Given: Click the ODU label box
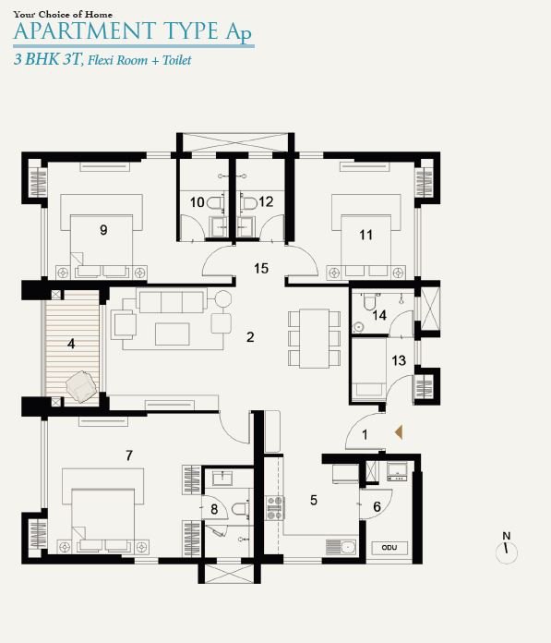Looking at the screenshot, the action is coord(389,548).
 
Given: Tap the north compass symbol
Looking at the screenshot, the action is coord(507,548).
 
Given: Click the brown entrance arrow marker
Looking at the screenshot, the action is coord(398,432).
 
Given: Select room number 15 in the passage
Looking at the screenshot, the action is coord(261,269).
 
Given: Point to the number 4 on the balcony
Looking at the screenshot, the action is coord(71,344).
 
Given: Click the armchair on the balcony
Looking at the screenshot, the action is coord(81,387).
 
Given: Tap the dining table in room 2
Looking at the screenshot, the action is coord(314,338).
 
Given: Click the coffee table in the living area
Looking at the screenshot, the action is coord(173,334).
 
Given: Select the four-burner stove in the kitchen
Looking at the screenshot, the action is coord(275,508).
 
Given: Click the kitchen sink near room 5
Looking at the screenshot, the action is coord(347,547).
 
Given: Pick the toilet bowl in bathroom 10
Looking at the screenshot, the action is coord(215,202).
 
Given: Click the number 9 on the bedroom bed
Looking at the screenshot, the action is coord(103,230).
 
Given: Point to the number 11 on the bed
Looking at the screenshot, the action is coord(365,235).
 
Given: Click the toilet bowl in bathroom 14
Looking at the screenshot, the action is coord(368,302).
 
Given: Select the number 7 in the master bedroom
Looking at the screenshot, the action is coord(129,455).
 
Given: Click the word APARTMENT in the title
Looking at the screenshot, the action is coord(85,31).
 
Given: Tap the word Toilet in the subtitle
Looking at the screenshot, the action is coord(177,60).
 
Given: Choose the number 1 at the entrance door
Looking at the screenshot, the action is coord(365,435).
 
